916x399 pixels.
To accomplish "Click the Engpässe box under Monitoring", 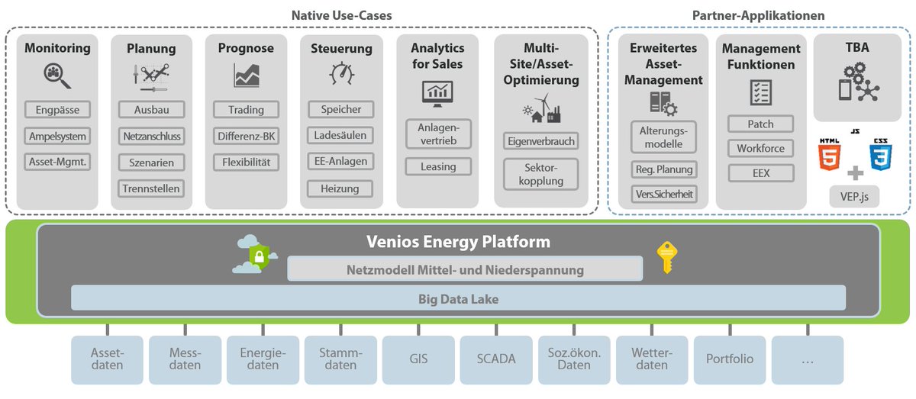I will pos(57,110).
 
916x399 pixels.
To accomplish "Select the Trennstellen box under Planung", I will pos(151,188).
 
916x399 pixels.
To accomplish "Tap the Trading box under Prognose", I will pos(246,110).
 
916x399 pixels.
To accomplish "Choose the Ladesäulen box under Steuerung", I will pos(340,136).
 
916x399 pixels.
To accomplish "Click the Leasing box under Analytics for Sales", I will pos(438,166).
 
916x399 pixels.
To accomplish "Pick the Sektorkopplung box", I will pos(540,174).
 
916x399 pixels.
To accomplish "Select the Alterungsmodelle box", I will pos(663,137).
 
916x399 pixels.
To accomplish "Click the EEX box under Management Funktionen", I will pos(760,173).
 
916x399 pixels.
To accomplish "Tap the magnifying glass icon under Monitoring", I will pos(57,76).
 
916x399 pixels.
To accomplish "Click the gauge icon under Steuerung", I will pos(340,75).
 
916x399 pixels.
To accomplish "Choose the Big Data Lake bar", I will pos(458,298).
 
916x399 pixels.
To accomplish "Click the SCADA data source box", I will pos(496,359).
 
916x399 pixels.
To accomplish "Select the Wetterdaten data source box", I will pos(651,359).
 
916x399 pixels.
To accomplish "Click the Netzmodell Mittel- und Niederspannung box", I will pos(465,269).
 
